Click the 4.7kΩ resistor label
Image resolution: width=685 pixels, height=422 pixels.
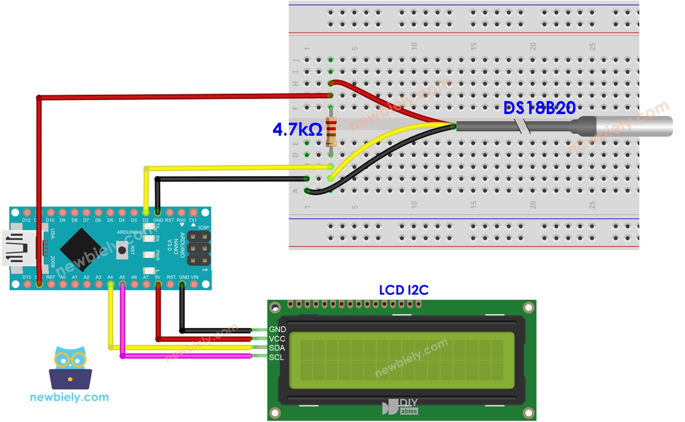click(297, 129)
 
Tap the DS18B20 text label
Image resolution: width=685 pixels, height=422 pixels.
click(539, 108)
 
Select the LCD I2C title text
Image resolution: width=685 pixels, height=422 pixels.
click(403, 290)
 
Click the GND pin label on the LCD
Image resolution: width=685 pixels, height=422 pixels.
click(277, 330)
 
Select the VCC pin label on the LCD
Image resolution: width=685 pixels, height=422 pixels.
click(277, 339)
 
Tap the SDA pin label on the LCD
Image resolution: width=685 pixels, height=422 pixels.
click(277, 348)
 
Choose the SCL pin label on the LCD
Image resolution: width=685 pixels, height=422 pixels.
click(276, 357)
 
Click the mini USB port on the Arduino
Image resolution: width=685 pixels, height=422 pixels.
click(17, 248)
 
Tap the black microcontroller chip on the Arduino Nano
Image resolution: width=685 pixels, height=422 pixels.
click(80, 249)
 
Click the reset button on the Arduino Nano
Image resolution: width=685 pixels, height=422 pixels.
click(122, 250)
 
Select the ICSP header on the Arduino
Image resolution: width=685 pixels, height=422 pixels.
click(198, 248)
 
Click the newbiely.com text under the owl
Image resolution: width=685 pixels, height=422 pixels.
click(69, 397)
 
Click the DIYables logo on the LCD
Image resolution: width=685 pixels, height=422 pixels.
click(400, 407)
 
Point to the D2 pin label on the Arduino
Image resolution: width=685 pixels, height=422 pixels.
click(145, 220)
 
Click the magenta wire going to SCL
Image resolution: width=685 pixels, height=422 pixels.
click(188, 356)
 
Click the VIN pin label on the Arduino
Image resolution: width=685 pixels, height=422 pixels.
click(194, 277)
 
